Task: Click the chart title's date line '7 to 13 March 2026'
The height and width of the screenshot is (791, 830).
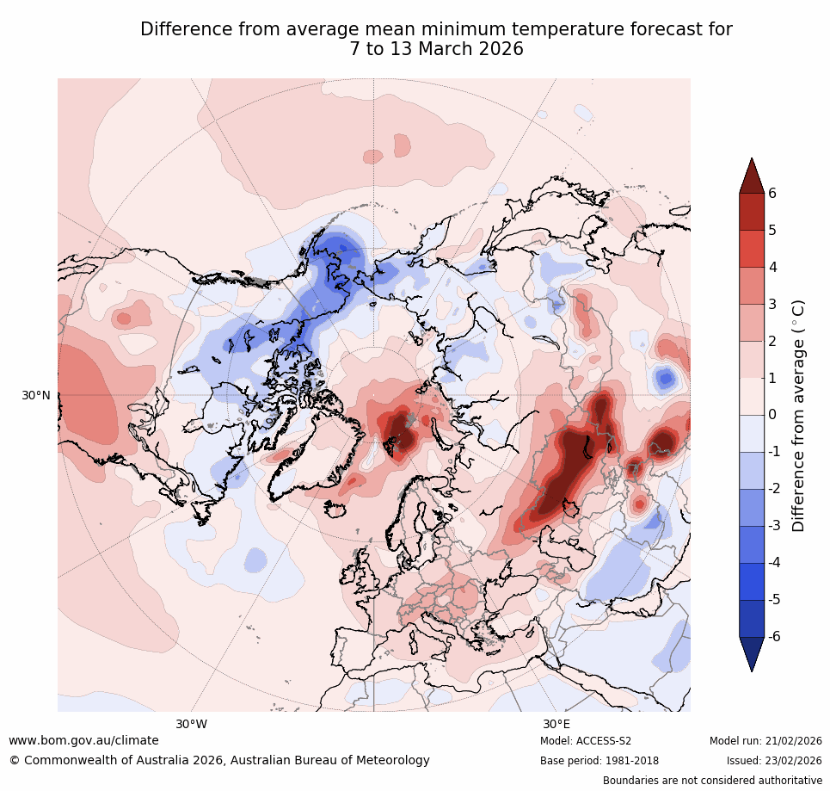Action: pyautogui.click(x=436, y=50)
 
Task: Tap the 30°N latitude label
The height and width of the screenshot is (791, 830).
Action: pyautogui.click(x=36, y=395)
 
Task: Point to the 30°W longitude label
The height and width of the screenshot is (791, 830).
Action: pyautogui.click(x=192, y=724)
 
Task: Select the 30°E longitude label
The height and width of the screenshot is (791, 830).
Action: pyautogui.click(x=556, y=724)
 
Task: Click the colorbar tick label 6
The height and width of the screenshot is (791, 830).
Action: pyautogui.click(x=772, y=193)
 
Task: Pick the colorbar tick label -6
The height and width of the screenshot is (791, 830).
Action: pyautogui.click(x=775, y=636)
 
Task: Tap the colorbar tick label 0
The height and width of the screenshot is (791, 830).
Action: pyautogui.click(x=772, y=415)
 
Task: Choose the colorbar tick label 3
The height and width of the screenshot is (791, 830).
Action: pyautogui.click(x=772, y=304)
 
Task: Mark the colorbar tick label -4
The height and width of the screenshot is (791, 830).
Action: pyautogui.click(x=775, y=562)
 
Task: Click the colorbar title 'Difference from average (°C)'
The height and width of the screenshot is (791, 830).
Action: pyautogui.click(x=798, y=415)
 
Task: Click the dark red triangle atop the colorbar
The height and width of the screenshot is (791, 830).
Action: pyautogui.click(x=752, y=176)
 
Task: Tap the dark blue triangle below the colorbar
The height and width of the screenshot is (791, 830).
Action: pyautogui.click(x=752, y=652)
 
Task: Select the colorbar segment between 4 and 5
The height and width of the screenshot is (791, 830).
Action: pyautogui.click(x=752, y=248)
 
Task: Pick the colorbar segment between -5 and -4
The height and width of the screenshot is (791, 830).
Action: pyautogui.click(x=752, y=581)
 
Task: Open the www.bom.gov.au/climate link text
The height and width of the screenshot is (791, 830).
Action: pyautogui.click(x=83, y=740)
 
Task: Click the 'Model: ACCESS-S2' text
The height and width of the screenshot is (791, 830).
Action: pyautogui.click(x=586, y=741)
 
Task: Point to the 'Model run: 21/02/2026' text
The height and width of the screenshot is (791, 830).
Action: pyautogui.click(x=765, y=741)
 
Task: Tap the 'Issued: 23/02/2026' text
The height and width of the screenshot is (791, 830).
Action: pyautogui.click(x=774, y=761)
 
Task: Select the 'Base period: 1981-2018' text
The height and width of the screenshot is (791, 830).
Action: pyautogui.click(x=599, y=761)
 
